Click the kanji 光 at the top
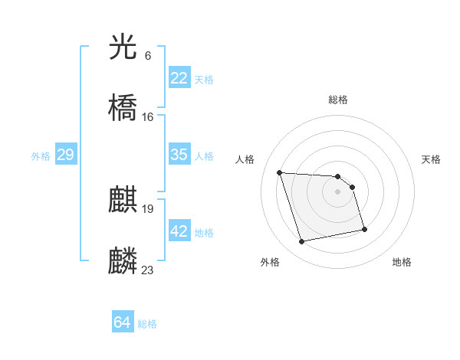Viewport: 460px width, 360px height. click(x=123, y=48)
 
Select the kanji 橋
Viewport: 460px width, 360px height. click(x=123, y=108)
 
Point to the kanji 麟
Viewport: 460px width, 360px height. click(x=123, y=260)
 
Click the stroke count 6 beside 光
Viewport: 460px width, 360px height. click(x=148, y=56)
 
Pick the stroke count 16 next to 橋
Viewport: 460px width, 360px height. click(x=148, y=116)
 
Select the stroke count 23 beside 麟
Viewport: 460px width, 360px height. click(x=148, y=269)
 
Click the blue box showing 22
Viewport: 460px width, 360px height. click(x=179, y=78)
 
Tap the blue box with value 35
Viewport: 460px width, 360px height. click(x=179, y=155)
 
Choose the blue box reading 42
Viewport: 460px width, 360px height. click(x=179, y=231)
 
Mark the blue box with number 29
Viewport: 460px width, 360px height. click(x=65, y=155)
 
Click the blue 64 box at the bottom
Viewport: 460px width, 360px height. click(x=123, y=323)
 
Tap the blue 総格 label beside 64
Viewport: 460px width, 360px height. click(x=147, y=324)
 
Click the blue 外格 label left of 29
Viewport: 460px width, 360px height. click(x=41, y=156)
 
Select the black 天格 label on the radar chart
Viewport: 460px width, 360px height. click(x=431, y=159)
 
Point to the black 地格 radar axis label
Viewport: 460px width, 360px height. click(x=402, y=262)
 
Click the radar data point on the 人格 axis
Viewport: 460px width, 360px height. click(x=280, y=172)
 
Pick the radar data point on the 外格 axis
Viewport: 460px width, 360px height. click(x=302, y=242)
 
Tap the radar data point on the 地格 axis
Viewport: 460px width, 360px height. click(x=364, y=229)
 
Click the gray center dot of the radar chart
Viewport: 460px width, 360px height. click(x=338, y=191)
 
